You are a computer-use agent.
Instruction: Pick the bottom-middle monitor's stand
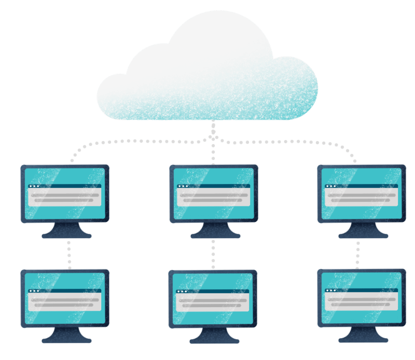click(214, 337)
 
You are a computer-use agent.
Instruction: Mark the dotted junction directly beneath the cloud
click(213, 137)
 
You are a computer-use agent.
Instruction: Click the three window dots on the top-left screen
click(34, 186)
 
